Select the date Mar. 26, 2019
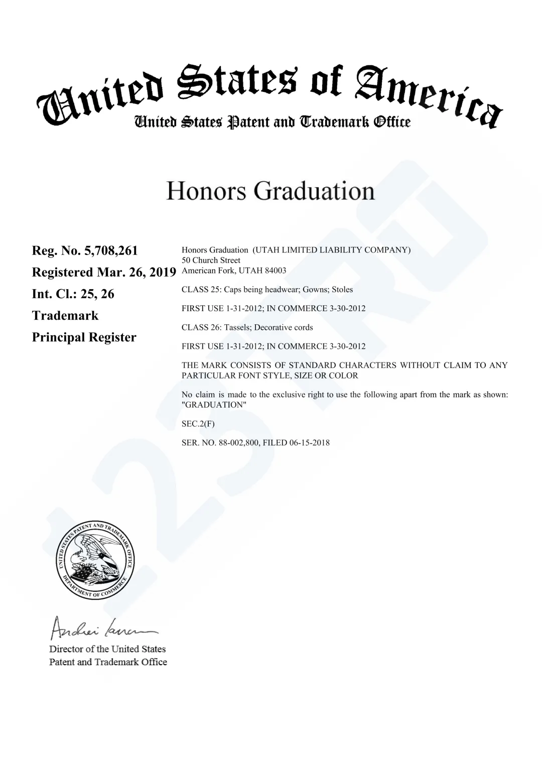137,272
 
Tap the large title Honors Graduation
270,191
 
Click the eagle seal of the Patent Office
95,560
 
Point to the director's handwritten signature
103,627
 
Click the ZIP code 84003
276,271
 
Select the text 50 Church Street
211,260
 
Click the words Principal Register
84,337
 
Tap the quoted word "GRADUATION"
214,405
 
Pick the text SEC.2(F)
198,424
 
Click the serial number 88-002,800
239,443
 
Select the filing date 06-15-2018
309,443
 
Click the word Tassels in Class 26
237,327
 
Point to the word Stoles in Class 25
342,290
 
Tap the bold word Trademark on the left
65,316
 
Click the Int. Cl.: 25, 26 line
73,294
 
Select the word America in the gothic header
427,95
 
